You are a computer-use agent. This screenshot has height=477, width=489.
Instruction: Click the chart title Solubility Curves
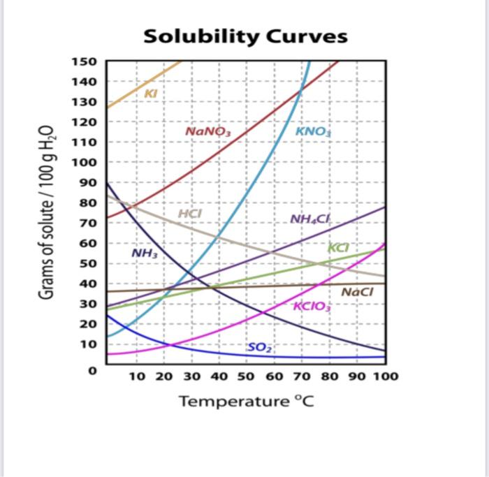coord(245,36)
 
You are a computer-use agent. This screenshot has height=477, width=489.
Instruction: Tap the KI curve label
coord(150,93)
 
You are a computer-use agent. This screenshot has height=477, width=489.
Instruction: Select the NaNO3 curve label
coord(207,131)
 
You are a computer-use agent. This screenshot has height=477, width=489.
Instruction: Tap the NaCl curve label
coord(357,292)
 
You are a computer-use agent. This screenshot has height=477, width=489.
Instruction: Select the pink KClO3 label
coord(312,306)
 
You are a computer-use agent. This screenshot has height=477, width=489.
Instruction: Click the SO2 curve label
coord(258,347)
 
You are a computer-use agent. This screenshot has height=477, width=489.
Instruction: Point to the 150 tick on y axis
coord(85,61)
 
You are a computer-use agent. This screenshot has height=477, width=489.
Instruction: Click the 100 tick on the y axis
coord(85,163)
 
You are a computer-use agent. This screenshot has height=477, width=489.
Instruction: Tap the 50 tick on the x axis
coord(246,376)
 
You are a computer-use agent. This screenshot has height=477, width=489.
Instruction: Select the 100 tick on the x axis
coord(385,376)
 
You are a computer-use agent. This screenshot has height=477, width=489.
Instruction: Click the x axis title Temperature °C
coord(242,402)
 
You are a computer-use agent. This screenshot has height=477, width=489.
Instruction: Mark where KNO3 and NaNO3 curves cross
coord(301,88)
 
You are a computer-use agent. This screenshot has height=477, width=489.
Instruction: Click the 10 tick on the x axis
coord(137,376)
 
